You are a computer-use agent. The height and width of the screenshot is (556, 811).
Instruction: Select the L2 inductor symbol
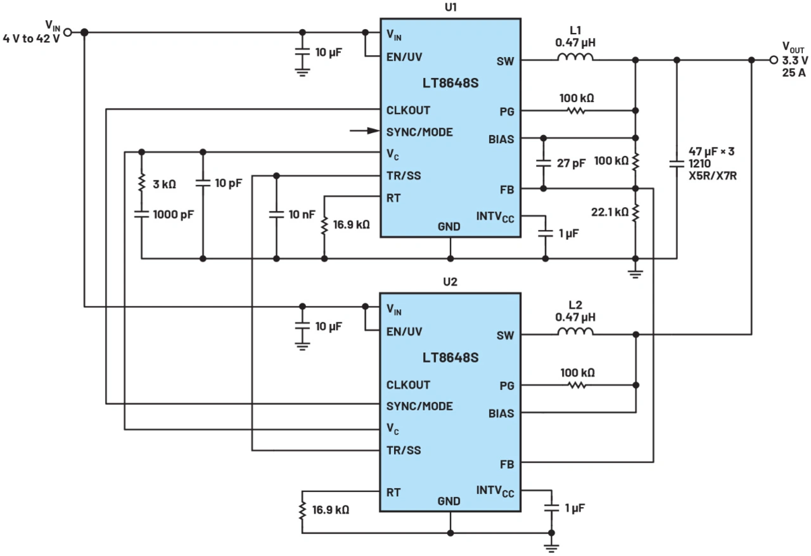pyautogui.click(x=575, y=332)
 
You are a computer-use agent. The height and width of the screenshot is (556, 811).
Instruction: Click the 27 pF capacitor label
pyautogui.click(x=570, y=163)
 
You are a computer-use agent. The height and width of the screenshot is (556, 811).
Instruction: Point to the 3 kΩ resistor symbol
pyautogui.click(x=141, y=184)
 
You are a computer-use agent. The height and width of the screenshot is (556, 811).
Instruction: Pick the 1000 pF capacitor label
pyautogui.click(x=173, y=214)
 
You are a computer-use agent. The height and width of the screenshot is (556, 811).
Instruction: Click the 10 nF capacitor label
pyautogui.click(x=302, y=214)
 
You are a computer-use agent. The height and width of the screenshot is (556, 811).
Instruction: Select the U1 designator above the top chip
pyautogui.click(x=450, y=8)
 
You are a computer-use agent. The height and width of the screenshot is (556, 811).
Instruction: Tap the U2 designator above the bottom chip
pyautogui.click(x=450, y=282)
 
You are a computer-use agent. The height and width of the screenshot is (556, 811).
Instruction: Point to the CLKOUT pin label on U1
pyautogui.click(x=408, y=110)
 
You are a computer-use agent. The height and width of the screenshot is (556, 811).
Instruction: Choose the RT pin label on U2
pyautogui.click(x=393, y=491)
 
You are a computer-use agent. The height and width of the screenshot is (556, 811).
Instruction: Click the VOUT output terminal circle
pyautogui.click(x=772, y=60)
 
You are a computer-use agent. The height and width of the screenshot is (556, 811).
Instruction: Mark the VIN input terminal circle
pyautogui.click(x=68, y=32)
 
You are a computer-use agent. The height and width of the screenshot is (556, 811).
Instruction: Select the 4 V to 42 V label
pyautogui.click(x=32, y=38)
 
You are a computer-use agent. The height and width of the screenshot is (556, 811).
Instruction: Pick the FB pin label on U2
pyautogui.click(x=506, y=464)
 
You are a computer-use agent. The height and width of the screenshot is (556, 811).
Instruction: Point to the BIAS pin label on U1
pyautogui.click(x=501, y=139)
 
